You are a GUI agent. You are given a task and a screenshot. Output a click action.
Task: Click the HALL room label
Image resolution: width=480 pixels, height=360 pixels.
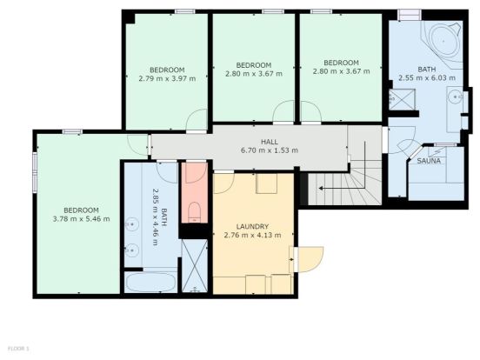pos(270,142)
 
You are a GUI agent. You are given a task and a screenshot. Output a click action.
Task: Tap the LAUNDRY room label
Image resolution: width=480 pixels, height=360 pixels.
pos(252,227)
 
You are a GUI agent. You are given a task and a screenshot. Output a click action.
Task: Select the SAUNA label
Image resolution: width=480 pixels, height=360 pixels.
pos(429,161)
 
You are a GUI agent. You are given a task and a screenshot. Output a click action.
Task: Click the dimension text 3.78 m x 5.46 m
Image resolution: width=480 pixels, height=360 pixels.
pos(81,219)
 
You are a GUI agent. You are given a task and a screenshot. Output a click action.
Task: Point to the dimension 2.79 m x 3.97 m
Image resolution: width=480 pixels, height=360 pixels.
pos(167,78)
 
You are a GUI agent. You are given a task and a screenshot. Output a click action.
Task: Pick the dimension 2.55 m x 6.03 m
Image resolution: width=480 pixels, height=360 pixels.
pos(427,77)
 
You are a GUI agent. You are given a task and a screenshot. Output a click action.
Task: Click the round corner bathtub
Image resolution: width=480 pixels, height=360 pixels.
pos(443,41)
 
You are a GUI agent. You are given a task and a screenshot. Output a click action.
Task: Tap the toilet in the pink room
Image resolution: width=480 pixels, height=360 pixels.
pos(194,212)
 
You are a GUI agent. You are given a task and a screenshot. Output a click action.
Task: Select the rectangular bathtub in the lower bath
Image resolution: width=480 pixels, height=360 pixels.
pos(151,283)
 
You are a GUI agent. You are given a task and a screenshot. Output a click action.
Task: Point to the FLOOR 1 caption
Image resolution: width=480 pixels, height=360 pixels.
pos(18,349)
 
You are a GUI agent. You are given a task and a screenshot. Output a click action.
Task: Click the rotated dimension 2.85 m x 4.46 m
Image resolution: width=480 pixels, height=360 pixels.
pos(156,217)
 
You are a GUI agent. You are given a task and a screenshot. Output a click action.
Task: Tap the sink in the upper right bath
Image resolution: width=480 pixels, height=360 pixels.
pos(456,97)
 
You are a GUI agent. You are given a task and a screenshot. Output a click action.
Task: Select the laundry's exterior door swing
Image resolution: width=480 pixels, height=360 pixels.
pos(309,259)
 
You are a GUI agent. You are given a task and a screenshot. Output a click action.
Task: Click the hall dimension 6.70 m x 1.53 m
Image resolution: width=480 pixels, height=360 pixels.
pos(270,150)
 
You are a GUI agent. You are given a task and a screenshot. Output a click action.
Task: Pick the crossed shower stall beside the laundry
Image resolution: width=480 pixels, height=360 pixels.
pos(195,265)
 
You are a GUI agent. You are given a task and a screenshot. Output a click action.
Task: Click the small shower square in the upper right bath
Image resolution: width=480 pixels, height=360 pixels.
pos(402,98)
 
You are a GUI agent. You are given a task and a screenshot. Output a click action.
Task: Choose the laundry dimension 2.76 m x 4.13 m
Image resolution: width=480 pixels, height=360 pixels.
pos(252,235)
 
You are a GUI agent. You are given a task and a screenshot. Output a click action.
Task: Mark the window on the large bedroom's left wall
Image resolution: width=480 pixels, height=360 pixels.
pos(35,173)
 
